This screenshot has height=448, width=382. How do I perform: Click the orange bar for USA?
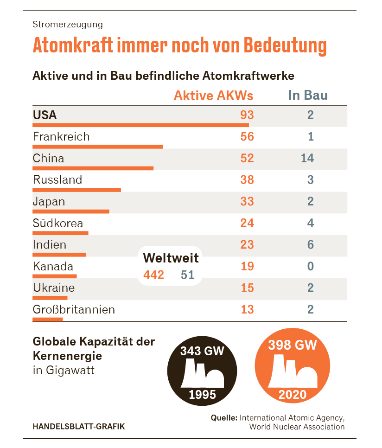pyautogui.click(x=140, y=125)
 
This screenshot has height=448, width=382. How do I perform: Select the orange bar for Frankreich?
pyautogui.click(x=97, y=147)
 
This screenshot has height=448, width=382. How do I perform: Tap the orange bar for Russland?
pyautogui.click(x=76, y=190)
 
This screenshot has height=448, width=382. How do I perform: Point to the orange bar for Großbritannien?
pyautogui.click(x=47, y=319)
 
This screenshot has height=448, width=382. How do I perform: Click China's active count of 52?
pyautogui.click(x=247, y=158)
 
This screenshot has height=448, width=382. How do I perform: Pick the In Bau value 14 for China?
pyautogui.click(x=307, y=158)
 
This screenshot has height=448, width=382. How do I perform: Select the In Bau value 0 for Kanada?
pyautogui.click(x=310, y=266)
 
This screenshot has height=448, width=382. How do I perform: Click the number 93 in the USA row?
pyautogui.click(x=247, y=115)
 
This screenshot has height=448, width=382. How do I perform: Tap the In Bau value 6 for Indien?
pyautogui.click(x=310, y=244)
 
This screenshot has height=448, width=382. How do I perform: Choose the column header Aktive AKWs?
pyautogui.click(x=214, y=96)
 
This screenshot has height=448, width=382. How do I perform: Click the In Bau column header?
pyautogui.click(x=308, y=96)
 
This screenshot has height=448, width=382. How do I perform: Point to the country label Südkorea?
pyautogui.click(x=58, y=223)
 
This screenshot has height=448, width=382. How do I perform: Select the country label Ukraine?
pyautogui.click(x=54, y=288)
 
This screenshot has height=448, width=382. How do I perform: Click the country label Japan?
pyautogui.click(x=49, y=202)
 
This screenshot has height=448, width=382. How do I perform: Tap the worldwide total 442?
pyautogui.click(x=153, y=275)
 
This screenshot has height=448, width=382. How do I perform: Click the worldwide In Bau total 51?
pyautogui.click(x=187, y=275)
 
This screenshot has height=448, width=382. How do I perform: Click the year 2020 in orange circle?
pyautogui.click(x=293, y=395)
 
